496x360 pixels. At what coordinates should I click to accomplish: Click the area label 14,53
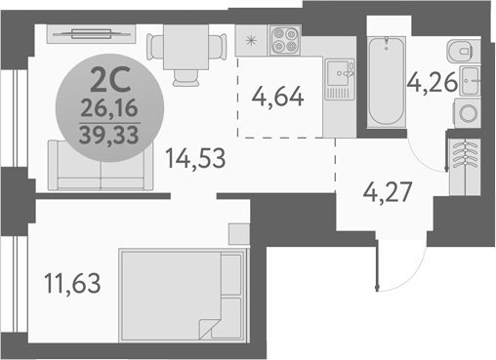point(195,157)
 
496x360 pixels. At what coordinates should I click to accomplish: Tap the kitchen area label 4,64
point(277,97)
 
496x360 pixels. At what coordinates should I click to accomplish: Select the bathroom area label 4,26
point(434,82)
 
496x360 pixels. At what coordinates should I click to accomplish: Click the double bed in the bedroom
point(183,291)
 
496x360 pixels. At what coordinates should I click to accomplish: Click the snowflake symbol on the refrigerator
point(251,40)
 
